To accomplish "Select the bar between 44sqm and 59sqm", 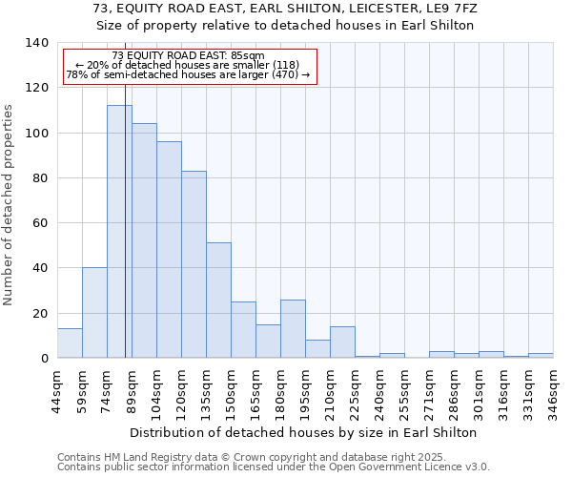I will (70, 343).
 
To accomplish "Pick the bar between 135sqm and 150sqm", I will (218, 301).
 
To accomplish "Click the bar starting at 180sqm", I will (293, 329).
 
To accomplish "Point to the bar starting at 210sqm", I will (342, 342).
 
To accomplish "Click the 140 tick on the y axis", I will (37, 43).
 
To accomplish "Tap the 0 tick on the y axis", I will (45, 359).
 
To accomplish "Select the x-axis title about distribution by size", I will (302, 432).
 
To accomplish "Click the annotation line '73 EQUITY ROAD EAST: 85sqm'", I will (189, 56).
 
